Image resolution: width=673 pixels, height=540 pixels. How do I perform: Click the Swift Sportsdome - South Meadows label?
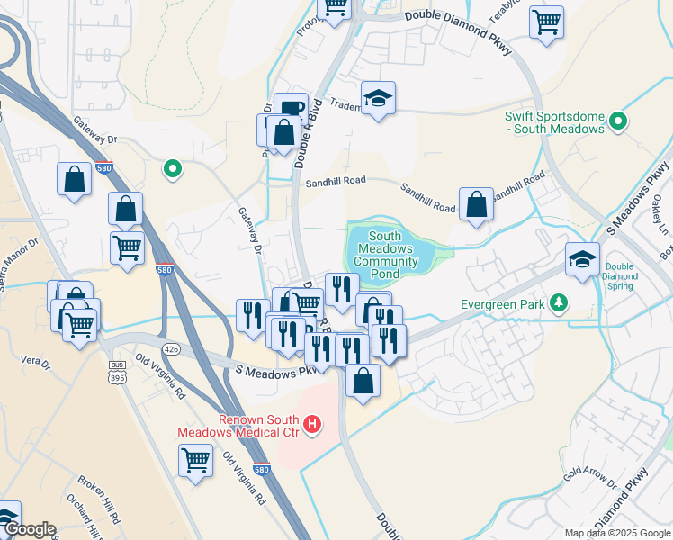(553, 121)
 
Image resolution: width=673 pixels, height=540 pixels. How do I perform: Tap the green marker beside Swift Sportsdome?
(618, 121)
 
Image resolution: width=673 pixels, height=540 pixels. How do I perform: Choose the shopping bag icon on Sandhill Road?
(476, 204)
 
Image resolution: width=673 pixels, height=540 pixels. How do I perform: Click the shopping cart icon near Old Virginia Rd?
(196, 461)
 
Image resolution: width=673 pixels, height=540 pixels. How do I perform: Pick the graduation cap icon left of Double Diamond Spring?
(582, 258)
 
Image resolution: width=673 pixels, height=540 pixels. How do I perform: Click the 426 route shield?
(170, 348)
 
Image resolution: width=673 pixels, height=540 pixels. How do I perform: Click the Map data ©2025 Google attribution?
(617, 533)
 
